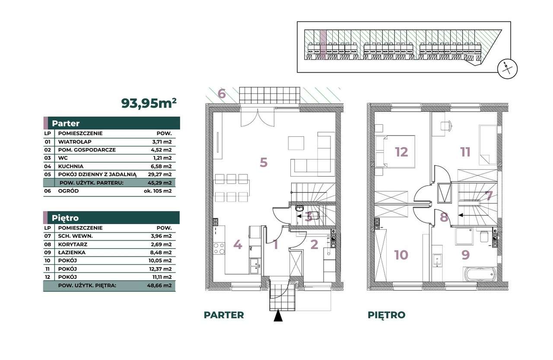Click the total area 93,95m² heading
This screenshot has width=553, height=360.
[x=149, y=103]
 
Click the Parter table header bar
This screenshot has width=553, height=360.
[x=111, y=123]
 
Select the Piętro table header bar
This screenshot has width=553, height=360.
[x=111, y=218]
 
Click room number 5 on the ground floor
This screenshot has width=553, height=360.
[x=264, y=162]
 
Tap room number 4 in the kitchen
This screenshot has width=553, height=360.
[x=237, y=245]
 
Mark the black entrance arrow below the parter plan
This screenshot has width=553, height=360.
[x=278, y=316]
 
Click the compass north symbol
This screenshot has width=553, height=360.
[x=508, y=69]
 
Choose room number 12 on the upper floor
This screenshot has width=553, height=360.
[x=401, y=152]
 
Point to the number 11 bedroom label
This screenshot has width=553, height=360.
[x=465, y=152]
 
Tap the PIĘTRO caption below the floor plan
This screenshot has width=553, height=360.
[x=386, y=315]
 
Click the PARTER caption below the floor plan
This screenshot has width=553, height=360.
[x=224, y=315]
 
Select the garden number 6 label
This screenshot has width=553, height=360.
[x=222, y=94]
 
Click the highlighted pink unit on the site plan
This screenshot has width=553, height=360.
[x=322, y=41]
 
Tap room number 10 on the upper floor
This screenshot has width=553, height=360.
[x=401, y=255]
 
